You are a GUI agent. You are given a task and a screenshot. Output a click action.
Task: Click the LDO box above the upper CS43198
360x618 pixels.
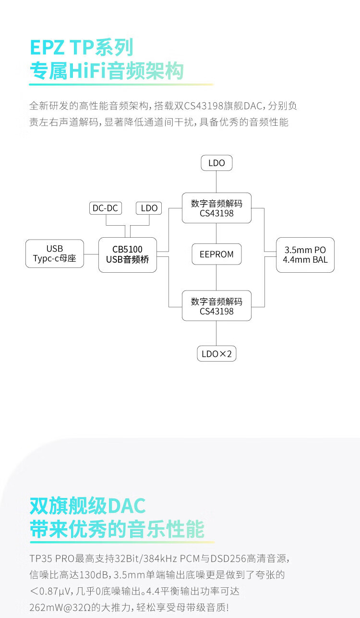click(x=216, y=163)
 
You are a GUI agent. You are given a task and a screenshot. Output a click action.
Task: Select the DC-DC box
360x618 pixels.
click(x=106, y=208)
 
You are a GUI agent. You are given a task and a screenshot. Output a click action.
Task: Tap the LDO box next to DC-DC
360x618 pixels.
click(x=149, y=208)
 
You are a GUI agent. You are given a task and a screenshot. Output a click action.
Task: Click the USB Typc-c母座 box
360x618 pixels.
click(x=55, y=254)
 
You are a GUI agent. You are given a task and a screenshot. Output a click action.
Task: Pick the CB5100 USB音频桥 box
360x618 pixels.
click(x=128, y=254)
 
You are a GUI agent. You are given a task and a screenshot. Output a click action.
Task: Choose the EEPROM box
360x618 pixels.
click(x=216, y=254)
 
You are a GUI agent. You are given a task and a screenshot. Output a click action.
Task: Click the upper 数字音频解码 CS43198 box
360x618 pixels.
click(x=216, y=208)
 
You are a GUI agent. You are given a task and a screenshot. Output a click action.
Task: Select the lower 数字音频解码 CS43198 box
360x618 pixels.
click(x=216, y=306)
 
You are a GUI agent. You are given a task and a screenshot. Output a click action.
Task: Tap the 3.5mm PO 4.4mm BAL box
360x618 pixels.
click(x=305, y=254)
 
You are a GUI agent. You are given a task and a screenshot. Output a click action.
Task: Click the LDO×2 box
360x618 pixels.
click(x=216, y=353)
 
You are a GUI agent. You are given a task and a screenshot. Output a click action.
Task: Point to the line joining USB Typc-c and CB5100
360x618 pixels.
click(x=91, y=254)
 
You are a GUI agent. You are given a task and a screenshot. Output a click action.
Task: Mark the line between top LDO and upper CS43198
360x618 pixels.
click(x=216, y=182)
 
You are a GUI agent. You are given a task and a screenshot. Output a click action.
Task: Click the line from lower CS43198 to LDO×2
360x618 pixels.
click(x=216, y=333)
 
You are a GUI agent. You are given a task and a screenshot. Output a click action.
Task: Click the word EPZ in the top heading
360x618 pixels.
click(x=47, y=48)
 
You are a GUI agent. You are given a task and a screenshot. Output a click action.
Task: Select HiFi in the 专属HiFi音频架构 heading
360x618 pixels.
click(x=87, y=71)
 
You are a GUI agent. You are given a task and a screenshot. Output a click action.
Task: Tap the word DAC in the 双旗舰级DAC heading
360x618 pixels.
click(x=127, y=506)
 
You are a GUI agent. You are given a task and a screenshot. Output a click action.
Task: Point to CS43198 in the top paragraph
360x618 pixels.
click(x=204, y=106)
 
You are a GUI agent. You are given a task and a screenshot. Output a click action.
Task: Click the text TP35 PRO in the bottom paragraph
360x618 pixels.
click(x=52, y=558)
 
